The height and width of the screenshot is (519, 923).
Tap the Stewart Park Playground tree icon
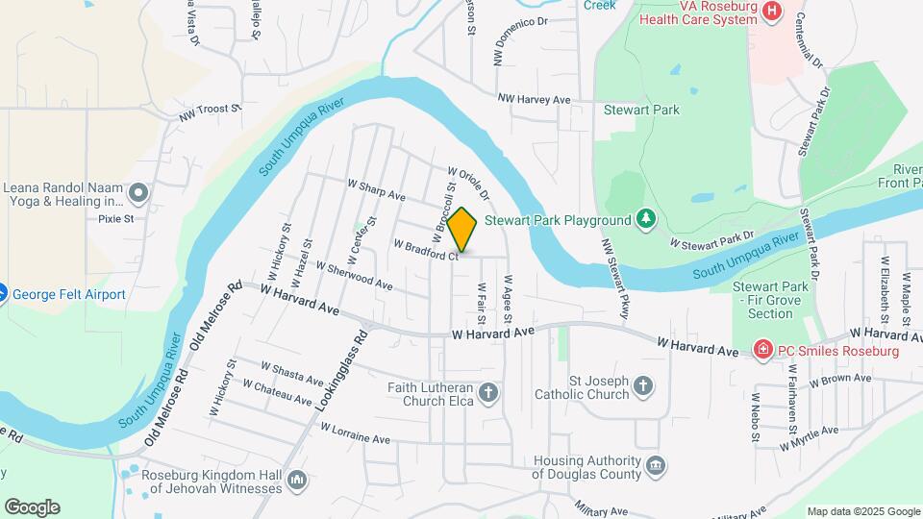pos(647,220)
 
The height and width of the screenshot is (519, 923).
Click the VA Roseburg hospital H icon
pos(771,11)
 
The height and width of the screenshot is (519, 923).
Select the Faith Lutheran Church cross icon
pos(488,392)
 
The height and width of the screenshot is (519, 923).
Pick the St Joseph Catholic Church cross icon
pos(643,386)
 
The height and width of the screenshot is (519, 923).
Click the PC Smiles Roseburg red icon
pos(762,350)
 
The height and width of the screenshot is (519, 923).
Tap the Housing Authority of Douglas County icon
pos(655,466)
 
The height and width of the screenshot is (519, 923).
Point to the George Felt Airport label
pos(69,294)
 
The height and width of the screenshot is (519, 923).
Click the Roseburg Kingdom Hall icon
pos(296,480)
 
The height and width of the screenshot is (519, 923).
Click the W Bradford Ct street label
pos(424,250)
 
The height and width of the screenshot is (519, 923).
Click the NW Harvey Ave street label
pos(534,99)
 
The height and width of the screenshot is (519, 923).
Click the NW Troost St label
pos(209,113)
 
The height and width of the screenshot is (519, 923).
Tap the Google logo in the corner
pos(32,507)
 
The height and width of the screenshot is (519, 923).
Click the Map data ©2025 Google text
pos(862,511)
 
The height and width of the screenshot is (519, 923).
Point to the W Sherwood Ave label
pos(354,277)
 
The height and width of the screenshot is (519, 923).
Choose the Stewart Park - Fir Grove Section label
pos(770,300)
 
